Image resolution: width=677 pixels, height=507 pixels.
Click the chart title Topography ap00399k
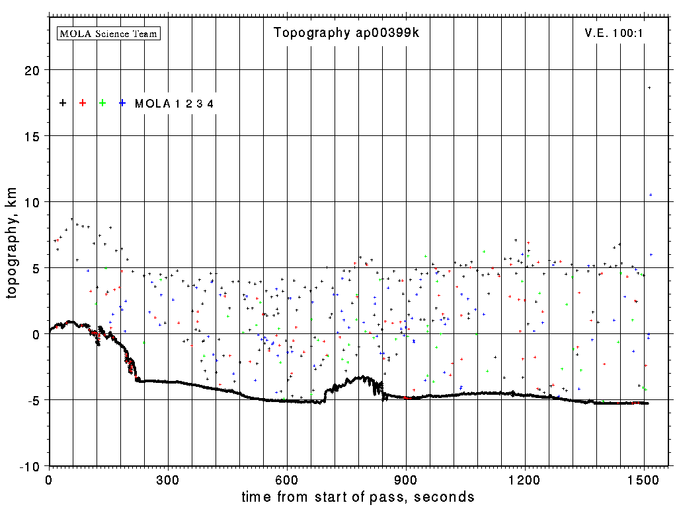click(346, 33)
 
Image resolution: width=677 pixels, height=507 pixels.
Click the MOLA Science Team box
click(109, 33)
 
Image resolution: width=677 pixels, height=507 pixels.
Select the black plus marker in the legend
click(63, 103)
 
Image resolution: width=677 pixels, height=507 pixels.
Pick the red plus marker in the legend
click(83, 103)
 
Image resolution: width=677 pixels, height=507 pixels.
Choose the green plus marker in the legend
click(102, 103)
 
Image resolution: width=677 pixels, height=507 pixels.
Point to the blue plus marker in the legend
click(122, 103)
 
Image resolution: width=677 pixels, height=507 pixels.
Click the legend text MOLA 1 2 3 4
click(174, 104)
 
